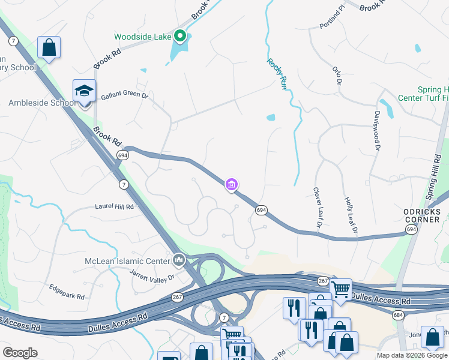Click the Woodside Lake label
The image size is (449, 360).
pos(142,36)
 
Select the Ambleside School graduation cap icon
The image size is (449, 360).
pos(84,91)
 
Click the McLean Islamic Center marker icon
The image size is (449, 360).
pos(178,260)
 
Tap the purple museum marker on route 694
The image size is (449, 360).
pos(232,184)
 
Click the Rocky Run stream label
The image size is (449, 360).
pos(277,74)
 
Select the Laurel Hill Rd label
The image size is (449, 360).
pos(114,206)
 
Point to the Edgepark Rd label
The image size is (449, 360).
pos(67,292)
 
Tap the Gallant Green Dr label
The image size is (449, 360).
pos(124,95)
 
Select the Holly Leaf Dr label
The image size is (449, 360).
pos(351,215)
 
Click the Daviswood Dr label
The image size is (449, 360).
pos(376,130)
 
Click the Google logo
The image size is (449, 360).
pos(20,353)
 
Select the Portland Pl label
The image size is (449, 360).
pos(333,17)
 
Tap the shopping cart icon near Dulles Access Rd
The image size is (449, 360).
pos(340,289)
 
